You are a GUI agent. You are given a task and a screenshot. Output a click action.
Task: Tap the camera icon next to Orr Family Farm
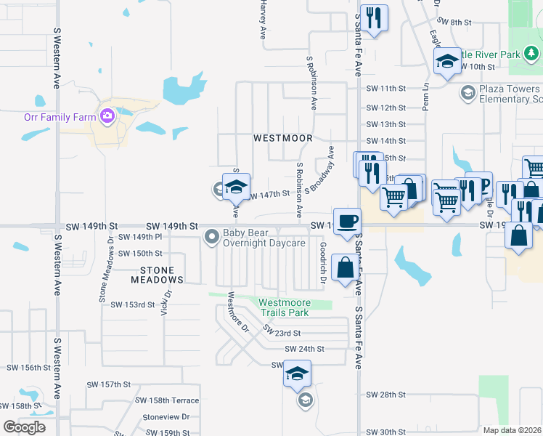pos(107,116)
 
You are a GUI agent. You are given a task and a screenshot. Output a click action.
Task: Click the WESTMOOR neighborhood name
pos(282,138)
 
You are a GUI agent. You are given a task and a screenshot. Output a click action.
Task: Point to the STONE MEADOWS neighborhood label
pos(152,274)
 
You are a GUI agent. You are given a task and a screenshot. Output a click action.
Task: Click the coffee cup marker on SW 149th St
pos(347,221)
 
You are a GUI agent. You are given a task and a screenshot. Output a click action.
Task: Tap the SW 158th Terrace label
pos(167,400)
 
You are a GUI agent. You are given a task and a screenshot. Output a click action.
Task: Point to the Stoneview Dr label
pos(166,417)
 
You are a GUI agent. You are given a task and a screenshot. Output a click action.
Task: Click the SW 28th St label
pos(385,395)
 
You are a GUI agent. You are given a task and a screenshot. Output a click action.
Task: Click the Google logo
pos(25,427)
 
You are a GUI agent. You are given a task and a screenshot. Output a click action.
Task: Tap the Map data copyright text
pos(513,430)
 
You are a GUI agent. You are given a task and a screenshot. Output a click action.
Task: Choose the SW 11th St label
pos(385,89)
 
